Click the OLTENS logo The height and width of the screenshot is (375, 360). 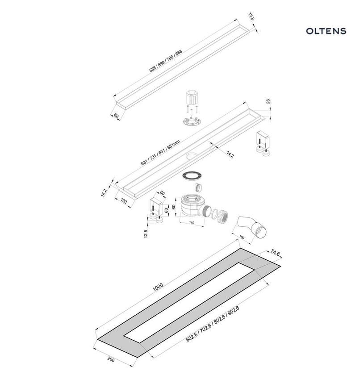point(326,31)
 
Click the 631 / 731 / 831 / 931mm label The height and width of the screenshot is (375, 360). point(160,153)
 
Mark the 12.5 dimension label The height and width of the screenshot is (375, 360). point(146,233)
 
